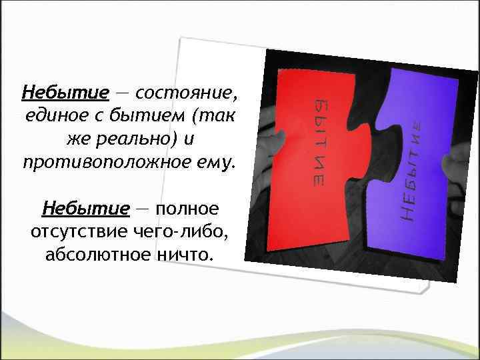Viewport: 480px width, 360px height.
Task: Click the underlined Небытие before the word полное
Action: coord(86,210)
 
